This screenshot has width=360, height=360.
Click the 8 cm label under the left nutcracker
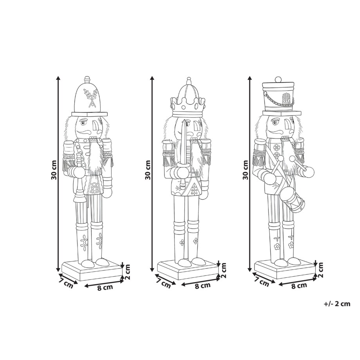coord(105,288)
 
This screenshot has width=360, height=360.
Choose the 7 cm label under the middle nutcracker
coord(164,281)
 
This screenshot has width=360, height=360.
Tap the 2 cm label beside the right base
coord(321,270)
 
